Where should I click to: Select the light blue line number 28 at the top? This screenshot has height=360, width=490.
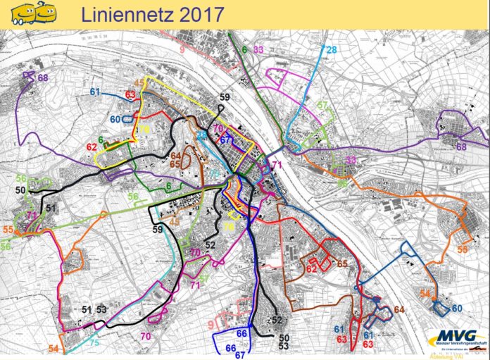[x=331, y=49]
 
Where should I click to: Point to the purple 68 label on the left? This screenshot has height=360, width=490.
[x=43, y=77]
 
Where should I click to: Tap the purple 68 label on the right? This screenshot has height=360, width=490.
[x=461, y=147]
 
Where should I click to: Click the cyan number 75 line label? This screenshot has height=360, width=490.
[x=94, y=342]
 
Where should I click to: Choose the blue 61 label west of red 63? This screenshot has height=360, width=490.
[x=96, y=92]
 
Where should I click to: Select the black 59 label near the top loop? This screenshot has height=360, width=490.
[x=225, y=97]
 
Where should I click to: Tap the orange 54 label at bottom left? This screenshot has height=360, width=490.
[x=54, y=349]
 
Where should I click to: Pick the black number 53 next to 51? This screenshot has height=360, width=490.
[x=101, y=309]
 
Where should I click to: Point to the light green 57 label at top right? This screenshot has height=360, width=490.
[x=322, y=106]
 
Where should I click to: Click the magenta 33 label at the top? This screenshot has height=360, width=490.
[x=259, y=49]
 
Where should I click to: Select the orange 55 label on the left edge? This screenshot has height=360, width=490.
[x=8, y=230]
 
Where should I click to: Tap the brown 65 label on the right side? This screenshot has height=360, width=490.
[x=342, y=263]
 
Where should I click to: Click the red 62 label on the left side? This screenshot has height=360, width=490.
[x=91, y=147]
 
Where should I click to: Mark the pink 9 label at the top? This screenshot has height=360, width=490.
[x=182, y=49]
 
